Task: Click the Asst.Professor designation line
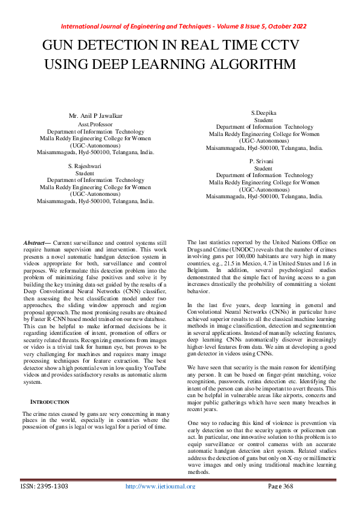point(96,124)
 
